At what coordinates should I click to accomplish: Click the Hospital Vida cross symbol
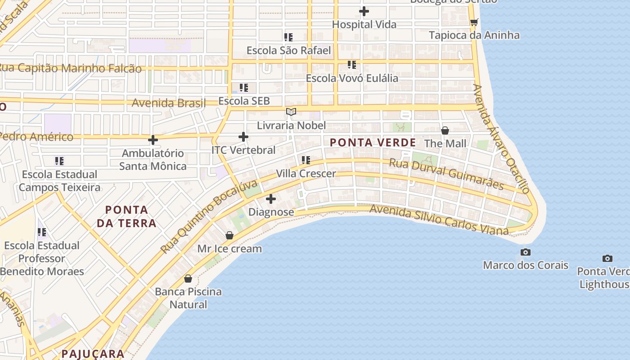click(364, 11)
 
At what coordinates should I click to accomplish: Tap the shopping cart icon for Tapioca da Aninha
click(473, 22)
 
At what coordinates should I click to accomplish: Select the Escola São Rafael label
click(288, 50)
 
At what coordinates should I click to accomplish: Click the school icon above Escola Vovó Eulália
click(352, 65)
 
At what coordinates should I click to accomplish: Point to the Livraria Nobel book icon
click(291, 112)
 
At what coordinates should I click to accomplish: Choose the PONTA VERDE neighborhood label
click(373, 143)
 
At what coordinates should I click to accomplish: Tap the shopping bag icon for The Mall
click(445, 130)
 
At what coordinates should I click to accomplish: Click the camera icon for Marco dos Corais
click(525, 252)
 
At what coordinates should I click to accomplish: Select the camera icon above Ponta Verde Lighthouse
click(607, 258)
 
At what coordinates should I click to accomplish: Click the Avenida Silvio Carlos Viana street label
click(439, 220)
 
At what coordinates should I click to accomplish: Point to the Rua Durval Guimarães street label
click(446, 174)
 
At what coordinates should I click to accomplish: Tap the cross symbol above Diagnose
click(271, 199)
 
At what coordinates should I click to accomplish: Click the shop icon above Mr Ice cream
click(229, 235)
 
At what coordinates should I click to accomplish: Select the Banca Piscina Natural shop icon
click(188, 279)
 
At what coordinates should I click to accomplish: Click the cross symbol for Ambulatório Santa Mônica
click(153, 140)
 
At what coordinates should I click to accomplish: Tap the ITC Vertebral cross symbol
click(243, 137)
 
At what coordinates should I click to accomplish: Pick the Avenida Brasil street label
click(168, 103)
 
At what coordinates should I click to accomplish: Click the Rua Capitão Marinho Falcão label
click(70, 68)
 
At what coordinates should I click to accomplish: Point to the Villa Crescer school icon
click(306, 160)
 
